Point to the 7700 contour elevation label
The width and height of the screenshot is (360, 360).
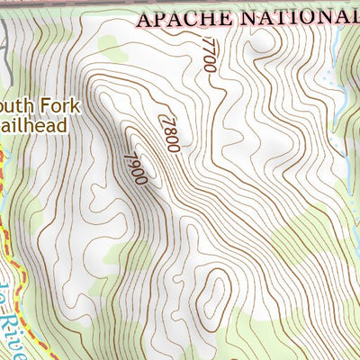pos(209,55)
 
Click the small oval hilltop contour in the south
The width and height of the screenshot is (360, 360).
pos(215,293)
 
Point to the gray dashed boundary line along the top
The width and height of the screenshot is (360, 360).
pos(90,3)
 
